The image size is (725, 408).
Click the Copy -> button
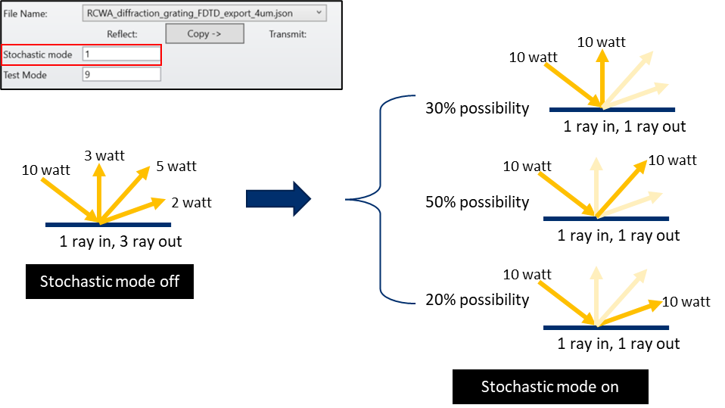click(204, 34)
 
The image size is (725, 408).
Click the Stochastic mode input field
click(121, 55)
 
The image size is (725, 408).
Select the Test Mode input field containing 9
click(121, 74)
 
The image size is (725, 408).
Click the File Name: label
click(26, 13)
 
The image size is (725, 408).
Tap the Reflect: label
click(122, 34)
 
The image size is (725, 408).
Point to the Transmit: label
click(288, 34)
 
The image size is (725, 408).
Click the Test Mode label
click(25, 75)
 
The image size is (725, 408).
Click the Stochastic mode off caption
click(109, 282)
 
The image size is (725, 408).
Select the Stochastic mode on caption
click(549, 387)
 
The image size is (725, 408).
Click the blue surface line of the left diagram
click(108, 225)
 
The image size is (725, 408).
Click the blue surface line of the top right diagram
click(611, 110)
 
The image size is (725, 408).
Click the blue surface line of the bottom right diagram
click(606, 328)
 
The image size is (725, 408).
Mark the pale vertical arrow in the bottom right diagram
click(596, 295)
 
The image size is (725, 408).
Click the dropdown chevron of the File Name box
click(319, 12)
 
